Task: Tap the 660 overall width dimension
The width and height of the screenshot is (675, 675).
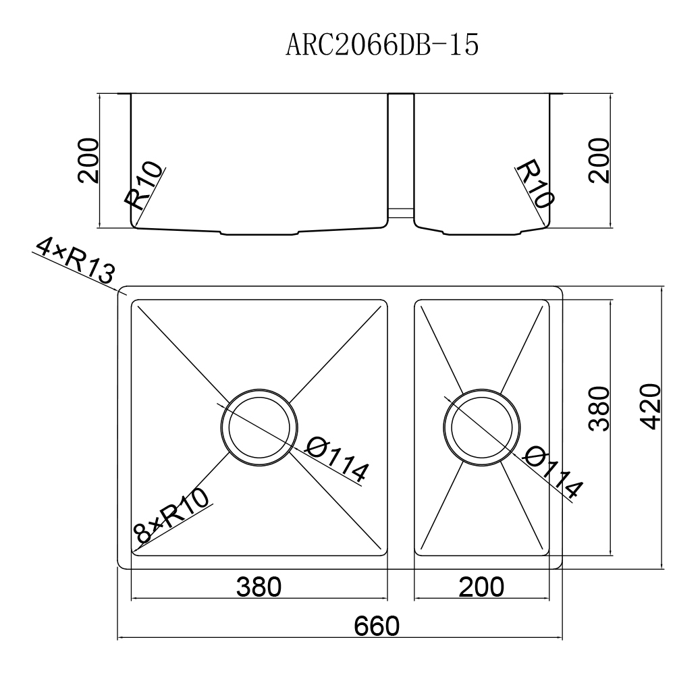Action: point(377,626)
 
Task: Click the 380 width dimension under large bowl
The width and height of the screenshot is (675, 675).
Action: point(259,587)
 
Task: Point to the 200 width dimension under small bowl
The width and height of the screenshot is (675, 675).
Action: point(481,587)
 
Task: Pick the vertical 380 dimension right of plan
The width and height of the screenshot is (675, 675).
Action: point(599,408)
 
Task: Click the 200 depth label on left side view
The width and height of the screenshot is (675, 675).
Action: point(88,161)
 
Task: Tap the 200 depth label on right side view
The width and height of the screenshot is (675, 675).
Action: point(599,161)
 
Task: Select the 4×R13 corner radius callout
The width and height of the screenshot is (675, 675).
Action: point(74,263)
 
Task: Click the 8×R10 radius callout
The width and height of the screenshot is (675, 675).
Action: point(172,516)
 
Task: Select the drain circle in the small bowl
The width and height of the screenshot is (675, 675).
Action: point(481,427)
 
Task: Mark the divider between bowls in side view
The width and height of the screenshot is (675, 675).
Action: point(401,155)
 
